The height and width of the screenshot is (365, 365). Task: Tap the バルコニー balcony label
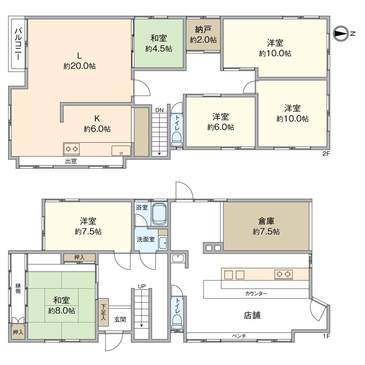[18, 44]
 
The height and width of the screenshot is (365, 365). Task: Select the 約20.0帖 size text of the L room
[79, 66]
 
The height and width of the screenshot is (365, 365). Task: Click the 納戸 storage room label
[203, 30]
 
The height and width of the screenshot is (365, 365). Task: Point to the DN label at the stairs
[160, 110]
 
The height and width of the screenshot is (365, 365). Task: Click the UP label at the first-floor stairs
[142, 286]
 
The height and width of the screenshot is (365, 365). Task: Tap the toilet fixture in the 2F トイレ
[176, 138]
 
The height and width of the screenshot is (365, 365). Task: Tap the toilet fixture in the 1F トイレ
[177, 322]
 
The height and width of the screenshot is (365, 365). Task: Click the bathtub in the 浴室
[160, 214]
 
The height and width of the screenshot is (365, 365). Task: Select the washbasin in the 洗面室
[163, 243]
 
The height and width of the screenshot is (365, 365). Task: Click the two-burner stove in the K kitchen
[72, 149]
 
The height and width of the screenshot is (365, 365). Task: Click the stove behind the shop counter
[283, 274]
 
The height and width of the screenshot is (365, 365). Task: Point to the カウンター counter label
[256, 293]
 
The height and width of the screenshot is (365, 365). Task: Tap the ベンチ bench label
[239, 336]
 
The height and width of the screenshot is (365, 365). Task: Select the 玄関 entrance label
[120, 319]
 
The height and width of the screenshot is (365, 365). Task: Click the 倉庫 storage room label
[266, 221]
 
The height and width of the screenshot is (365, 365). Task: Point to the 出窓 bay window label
[71, 161]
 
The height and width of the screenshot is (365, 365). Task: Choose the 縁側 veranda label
[18, 288]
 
